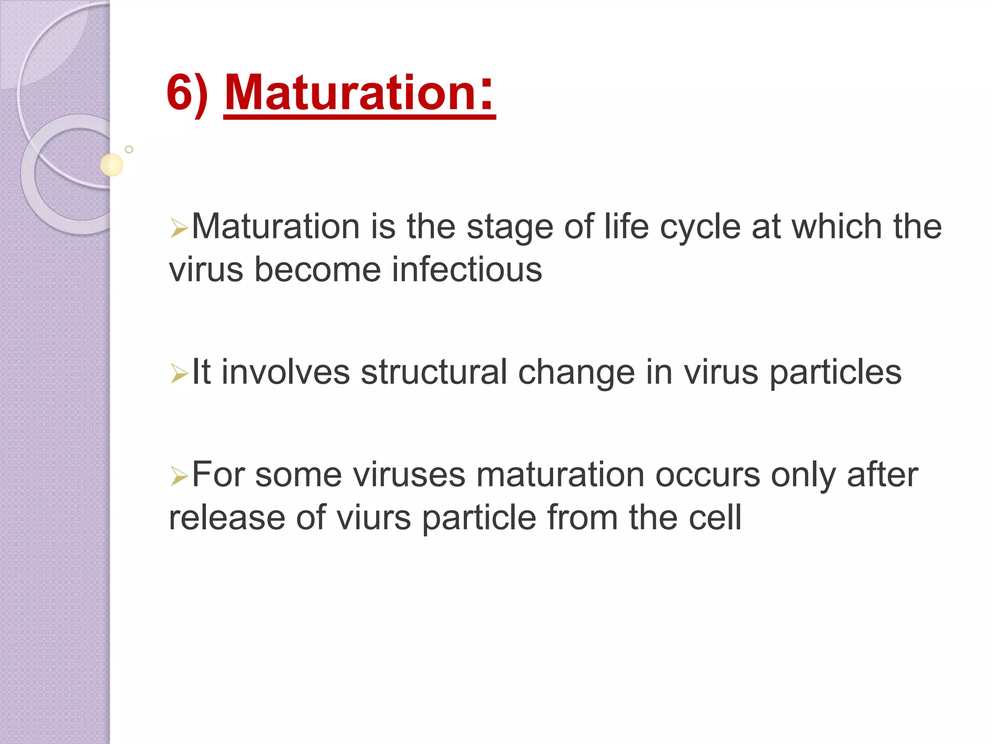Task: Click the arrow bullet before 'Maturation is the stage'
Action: click(179, 228)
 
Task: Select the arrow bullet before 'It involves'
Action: click(179, 374)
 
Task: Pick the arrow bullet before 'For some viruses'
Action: click(179, 477)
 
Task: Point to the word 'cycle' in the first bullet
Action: click(700, 228)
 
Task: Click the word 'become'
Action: click(317, 270)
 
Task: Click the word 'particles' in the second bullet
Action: click(835, 372)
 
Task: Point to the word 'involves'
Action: click(285, 372)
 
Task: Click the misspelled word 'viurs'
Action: click(373, 518)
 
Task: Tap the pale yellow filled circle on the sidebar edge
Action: click(111, 165)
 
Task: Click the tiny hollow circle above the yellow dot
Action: click(129, 149)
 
